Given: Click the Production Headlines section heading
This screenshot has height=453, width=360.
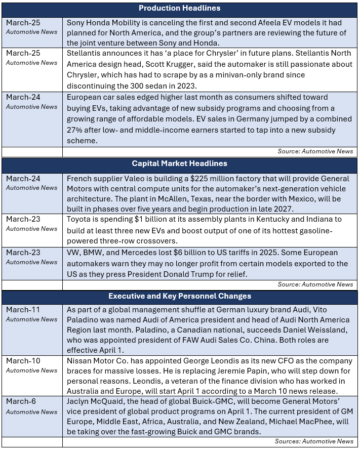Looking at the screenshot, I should click(x=179, y=8).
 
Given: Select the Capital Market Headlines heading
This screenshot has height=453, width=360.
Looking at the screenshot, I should click(x=179, y=163).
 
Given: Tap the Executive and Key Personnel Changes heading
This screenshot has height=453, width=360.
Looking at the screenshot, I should click(x=179, y=296).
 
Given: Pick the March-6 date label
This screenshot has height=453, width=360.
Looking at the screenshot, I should click(x=19, y=402).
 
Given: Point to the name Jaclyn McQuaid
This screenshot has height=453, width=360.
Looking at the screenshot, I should click(x=95, y=402).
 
